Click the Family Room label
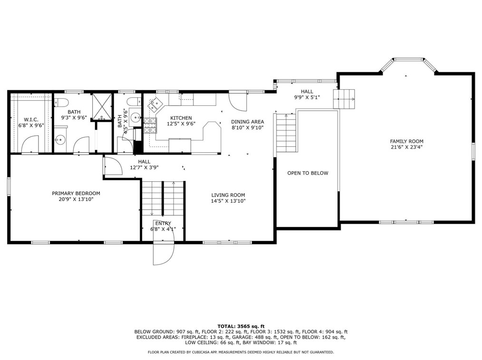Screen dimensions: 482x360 point(406,142)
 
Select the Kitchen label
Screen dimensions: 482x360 point(181,118)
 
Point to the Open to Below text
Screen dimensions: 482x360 point(308,173)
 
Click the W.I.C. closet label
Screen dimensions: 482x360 point(31,120)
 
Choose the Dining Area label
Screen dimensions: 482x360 point(248,122)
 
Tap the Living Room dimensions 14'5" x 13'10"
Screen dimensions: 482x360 point(228,201)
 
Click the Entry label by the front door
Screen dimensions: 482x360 point(163,223)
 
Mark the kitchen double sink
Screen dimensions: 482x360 point(155,104)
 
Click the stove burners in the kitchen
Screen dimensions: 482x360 point(150,125)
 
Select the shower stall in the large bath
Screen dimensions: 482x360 point(102,106)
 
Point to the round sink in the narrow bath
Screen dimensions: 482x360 point(135,117)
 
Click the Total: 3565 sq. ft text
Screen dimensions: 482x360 point(241,326)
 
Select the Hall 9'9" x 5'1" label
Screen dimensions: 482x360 point(307,95)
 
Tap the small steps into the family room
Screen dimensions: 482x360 point(344,99)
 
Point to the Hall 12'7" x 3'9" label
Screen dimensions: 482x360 point(144,164)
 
